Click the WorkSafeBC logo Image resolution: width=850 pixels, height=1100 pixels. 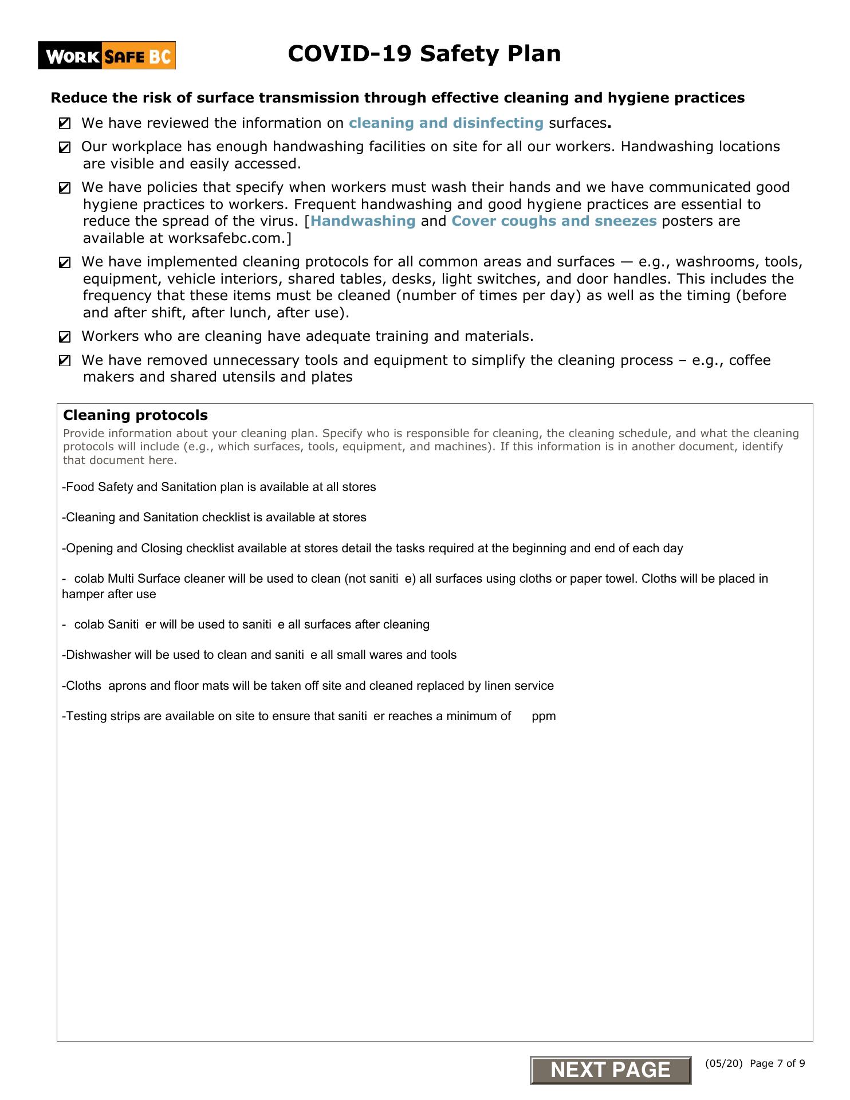(107, 56)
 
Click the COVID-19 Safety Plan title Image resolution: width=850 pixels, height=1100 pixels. (424, 54)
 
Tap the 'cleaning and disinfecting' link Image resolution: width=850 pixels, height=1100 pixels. (446, 123)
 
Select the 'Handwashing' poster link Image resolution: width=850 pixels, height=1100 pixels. (363, 221)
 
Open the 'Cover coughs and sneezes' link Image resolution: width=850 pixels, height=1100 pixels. (554, 221)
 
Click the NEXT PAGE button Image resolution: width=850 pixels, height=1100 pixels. (611, 1070)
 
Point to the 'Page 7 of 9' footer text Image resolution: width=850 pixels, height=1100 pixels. (777, 1063)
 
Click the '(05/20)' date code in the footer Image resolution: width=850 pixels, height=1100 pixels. (724, 1063)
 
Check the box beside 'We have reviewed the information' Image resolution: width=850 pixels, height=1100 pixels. (65, 123)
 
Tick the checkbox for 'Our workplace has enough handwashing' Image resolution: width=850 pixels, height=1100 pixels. (65, 148)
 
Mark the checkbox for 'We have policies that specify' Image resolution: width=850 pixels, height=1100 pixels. (65, 188)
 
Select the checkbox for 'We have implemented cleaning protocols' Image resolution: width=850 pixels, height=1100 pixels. (65, 263)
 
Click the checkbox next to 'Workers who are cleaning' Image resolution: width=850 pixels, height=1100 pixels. (65, 337)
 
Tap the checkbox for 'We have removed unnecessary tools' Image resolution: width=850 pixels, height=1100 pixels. (65, 361)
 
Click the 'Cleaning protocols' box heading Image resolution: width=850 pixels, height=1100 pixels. (135, 415)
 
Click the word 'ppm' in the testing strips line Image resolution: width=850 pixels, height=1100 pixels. (544, 716)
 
